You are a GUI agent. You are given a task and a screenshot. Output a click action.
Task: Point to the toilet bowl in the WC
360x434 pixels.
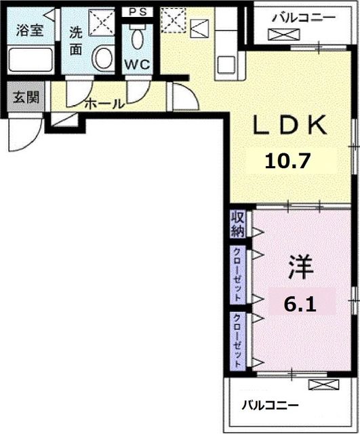coord(139,38)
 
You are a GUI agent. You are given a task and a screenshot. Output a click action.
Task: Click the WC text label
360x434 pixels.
coord(138,66)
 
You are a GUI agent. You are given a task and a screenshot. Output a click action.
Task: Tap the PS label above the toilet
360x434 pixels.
coord(139,12)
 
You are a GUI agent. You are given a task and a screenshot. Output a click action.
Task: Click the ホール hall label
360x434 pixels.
coord(104,104)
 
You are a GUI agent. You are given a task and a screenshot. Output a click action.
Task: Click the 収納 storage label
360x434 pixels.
coord(237,224)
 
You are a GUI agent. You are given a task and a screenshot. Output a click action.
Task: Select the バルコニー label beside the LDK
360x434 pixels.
coord(302,18)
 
